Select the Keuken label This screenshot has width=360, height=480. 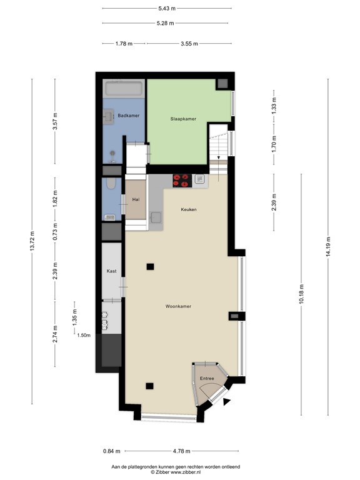pos(189,209)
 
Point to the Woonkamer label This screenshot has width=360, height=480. pos(178,306)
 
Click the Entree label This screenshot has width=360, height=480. pos(207,379)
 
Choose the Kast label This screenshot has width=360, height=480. pos(111,271)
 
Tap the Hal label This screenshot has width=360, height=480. pos(135,199)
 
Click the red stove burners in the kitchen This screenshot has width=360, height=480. pos(181,180)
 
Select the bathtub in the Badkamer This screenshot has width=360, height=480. pos(124,88)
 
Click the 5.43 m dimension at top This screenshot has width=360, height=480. pos(166,8)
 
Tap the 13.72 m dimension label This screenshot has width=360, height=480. pos(32,240)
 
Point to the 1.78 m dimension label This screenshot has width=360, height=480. pos(124,44)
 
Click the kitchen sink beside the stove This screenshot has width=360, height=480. pos(200,180)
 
